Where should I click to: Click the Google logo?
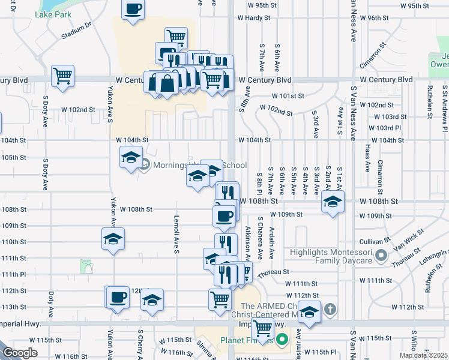click(20, 353)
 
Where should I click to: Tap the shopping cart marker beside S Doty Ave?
click(62, 76)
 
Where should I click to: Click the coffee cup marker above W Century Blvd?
click(133, 10)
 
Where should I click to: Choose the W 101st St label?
click(288, 96)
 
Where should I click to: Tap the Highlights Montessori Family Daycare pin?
click(380, 257)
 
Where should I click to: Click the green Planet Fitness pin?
click(283, 339)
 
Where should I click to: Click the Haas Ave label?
click(367, 152)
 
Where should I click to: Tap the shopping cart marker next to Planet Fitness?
click(262, 329)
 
